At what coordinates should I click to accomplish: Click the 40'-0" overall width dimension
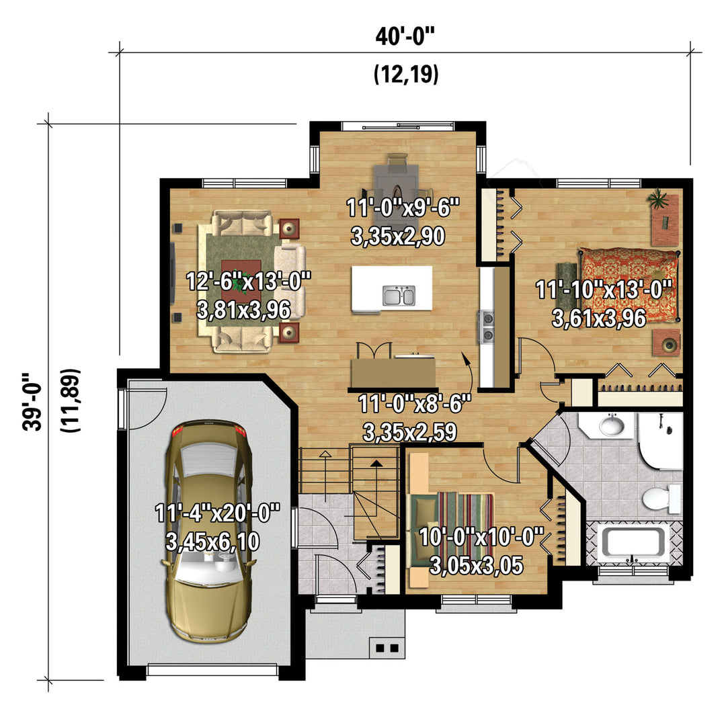coord(405,37)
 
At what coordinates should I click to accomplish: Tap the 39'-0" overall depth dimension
coord(32,401)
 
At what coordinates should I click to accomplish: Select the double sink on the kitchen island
coord(399,296)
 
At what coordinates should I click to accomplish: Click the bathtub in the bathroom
coord(633,542)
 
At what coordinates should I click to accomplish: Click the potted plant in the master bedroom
coord(658,199)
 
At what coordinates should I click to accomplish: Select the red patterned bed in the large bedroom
coord(629,285)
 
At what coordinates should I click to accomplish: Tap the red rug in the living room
coord(241,281)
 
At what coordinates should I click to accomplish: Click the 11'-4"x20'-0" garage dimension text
coord(218,513)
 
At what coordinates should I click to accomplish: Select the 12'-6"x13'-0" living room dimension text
coord(248,281)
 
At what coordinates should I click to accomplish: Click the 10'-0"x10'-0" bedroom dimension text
coord(481,537)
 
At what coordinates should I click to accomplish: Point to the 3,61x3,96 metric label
coord(599,319)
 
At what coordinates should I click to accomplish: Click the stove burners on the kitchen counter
coord(487,326)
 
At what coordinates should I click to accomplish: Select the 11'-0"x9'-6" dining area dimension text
coord(403,208)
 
